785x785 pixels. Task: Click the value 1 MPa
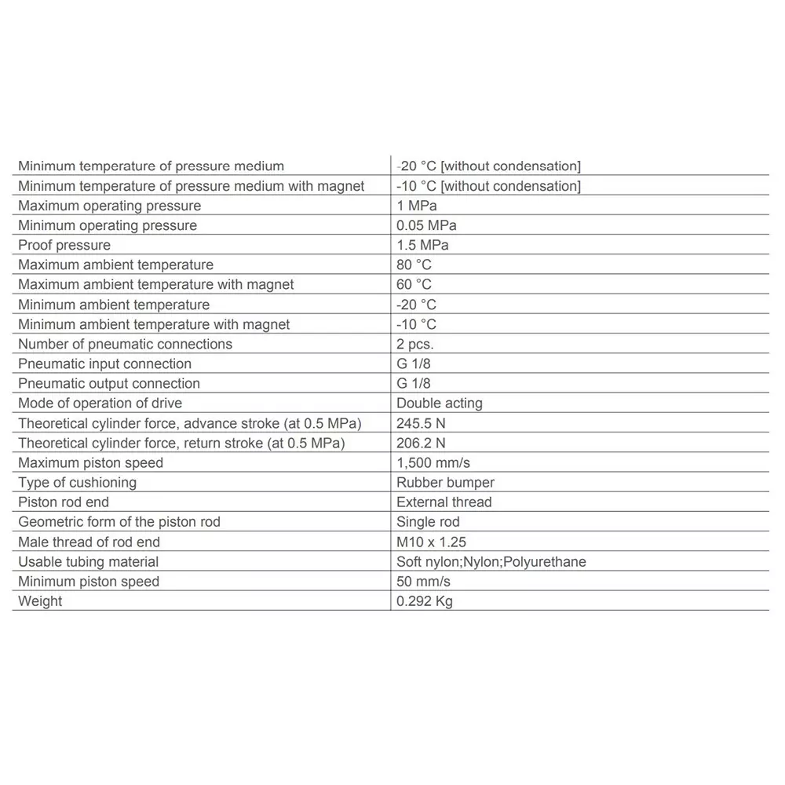point(416,206)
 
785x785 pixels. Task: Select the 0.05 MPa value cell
point(426,225)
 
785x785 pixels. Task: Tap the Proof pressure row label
point(64,245)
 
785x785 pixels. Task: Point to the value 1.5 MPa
point(422,245)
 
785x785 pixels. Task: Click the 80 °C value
point(414,265)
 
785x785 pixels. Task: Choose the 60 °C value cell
point(414,284)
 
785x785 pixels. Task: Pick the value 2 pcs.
point(414,344)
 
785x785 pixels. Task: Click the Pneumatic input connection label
point(104,363)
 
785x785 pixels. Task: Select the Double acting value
point(440,403)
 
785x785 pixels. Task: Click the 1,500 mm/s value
point(433,462)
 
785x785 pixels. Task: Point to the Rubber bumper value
point(445,482)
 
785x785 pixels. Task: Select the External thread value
point(444,502)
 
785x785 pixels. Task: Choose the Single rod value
point(428,521)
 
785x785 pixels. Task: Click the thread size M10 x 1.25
point(432,542)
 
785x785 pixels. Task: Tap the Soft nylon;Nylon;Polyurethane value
point(491,561)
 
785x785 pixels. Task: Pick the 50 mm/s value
point(424,581)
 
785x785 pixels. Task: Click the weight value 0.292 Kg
point(425,601)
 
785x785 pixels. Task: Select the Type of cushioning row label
point(77,482)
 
